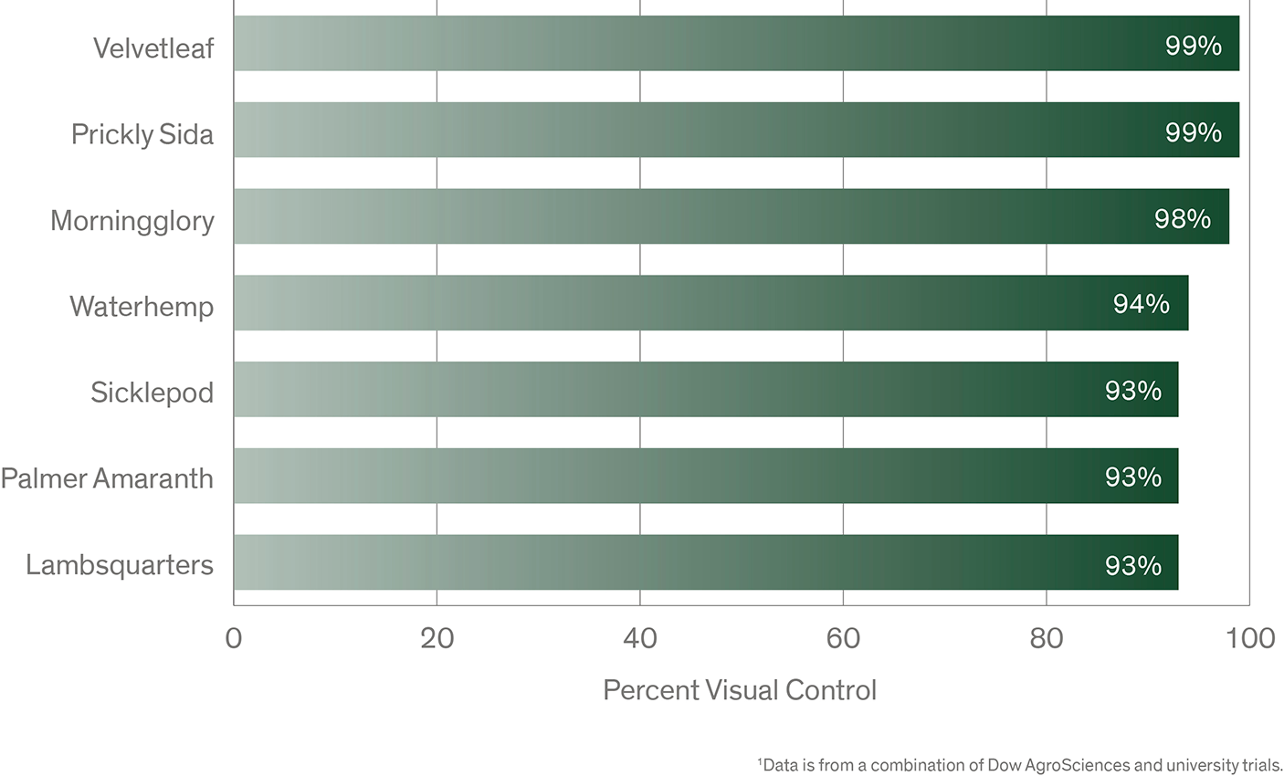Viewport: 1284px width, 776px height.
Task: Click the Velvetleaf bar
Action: click(736, 44)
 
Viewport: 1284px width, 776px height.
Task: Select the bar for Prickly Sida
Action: click(736, 130)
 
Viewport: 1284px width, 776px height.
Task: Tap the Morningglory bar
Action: click(731, 216)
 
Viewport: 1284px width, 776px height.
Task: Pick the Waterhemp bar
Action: click(710, 303)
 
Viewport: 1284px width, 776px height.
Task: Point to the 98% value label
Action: click(1183, 219)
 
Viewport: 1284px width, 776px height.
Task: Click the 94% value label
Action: click(1142, 304)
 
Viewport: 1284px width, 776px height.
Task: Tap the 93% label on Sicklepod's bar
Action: click(1133, 391)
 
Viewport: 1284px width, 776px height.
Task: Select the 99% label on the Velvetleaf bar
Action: click(1194, 46)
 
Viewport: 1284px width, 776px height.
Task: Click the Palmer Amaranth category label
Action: click(107, 478)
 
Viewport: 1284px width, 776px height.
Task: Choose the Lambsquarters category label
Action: click(120, 565)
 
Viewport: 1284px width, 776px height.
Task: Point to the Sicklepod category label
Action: click(152, 393)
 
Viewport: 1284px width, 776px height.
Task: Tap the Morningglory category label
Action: click(132, 221)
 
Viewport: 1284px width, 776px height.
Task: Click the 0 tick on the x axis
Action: click(234, 638)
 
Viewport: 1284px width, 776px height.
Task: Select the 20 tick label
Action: click(437, 638)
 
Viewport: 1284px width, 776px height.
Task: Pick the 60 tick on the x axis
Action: click(843, 638)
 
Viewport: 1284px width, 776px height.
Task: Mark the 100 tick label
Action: click(1250, 638)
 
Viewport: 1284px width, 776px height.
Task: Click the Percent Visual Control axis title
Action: click(740, 690)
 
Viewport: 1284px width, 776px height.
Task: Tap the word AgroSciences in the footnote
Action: click(1077, 765)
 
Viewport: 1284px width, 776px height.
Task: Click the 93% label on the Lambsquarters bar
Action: click(1133, 566)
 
